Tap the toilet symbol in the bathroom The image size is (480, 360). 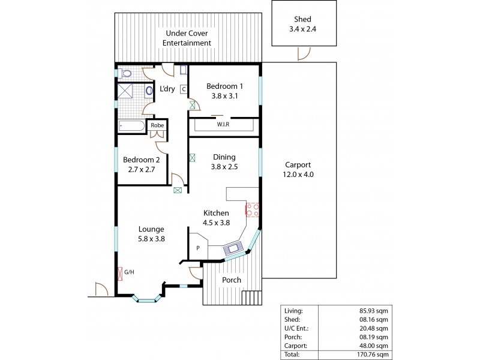click(125, 74)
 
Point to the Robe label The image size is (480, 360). click(157, 125)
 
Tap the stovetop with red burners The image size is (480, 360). click(251, 209)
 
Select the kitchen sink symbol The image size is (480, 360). click(232, 247)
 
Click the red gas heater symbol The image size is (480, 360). click(121, 273)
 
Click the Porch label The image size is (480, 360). click(232, 280)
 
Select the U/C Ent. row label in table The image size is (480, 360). click(295, 328)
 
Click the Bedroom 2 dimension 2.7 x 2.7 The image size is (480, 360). click(142, 169)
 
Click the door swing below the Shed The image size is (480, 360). click(304, 55)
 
